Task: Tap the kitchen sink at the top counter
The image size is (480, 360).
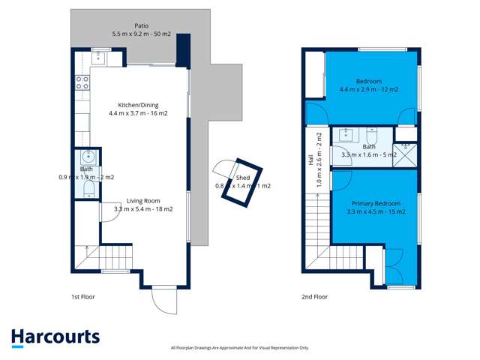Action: (99, 57)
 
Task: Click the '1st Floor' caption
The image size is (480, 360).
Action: (82, 297)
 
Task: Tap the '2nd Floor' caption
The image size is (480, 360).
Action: (314, 297)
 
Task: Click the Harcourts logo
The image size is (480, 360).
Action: (55, 337)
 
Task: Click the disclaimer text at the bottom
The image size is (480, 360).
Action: (240, 348)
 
